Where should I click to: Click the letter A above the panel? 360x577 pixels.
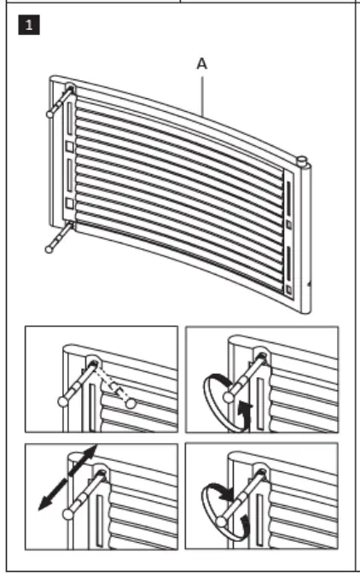(x=201, y=64)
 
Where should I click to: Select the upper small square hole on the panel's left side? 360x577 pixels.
(x=69, y=145)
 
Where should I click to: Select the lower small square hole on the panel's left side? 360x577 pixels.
(x=69, y=203)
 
